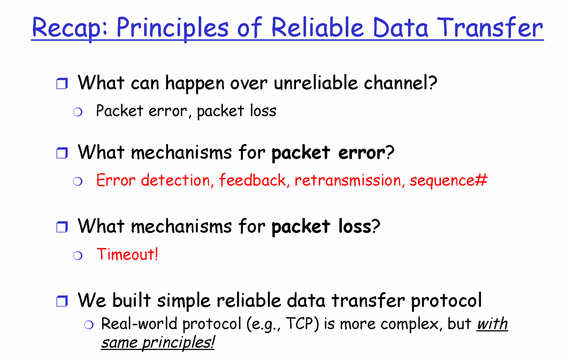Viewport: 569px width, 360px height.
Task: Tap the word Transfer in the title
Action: [x=490, y=27]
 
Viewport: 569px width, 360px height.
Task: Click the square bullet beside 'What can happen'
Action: [x=62, y=83]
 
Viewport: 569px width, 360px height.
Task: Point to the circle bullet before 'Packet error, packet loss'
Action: [x=78, y=112]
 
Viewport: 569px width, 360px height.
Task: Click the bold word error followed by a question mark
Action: [x=362, y=152]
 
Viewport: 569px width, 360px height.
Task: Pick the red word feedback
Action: [x=253, y=180]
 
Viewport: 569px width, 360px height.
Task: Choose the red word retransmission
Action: [x=348, y=180]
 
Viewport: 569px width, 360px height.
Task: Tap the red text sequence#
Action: [x=449, y=181]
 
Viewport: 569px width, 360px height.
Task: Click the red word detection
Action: [x=176, y=180]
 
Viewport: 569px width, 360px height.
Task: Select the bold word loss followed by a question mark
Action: [x=355, y=226]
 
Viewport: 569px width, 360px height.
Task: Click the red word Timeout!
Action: [x=128, y=254]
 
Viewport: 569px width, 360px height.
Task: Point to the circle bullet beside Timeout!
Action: [x=78, y=255]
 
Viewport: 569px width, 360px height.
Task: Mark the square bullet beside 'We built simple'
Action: [x=62, y=301]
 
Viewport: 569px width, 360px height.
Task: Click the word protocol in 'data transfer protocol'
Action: [x=447, y=301]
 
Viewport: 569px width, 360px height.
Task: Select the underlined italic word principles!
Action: [x=178, y=343]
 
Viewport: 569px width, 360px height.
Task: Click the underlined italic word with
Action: [x=492, y=324]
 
